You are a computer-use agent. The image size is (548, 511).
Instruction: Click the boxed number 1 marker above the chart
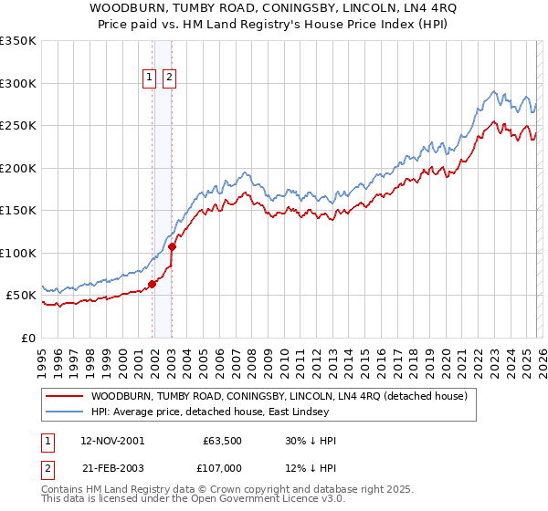[x=149, y=78]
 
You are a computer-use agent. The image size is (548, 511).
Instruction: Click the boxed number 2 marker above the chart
[x=170, y=78]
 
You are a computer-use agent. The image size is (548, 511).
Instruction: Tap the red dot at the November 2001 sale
[x=152, y=284]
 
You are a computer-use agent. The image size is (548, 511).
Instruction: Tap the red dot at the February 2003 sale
[x=172, y=246]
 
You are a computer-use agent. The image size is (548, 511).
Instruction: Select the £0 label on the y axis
[x=27, y=338]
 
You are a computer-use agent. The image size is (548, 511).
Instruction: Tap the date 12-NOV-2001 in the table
[x=112, y=441]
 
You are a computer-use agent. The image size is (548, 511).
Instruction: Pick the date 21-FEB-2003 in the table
[x=112, y=468]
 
